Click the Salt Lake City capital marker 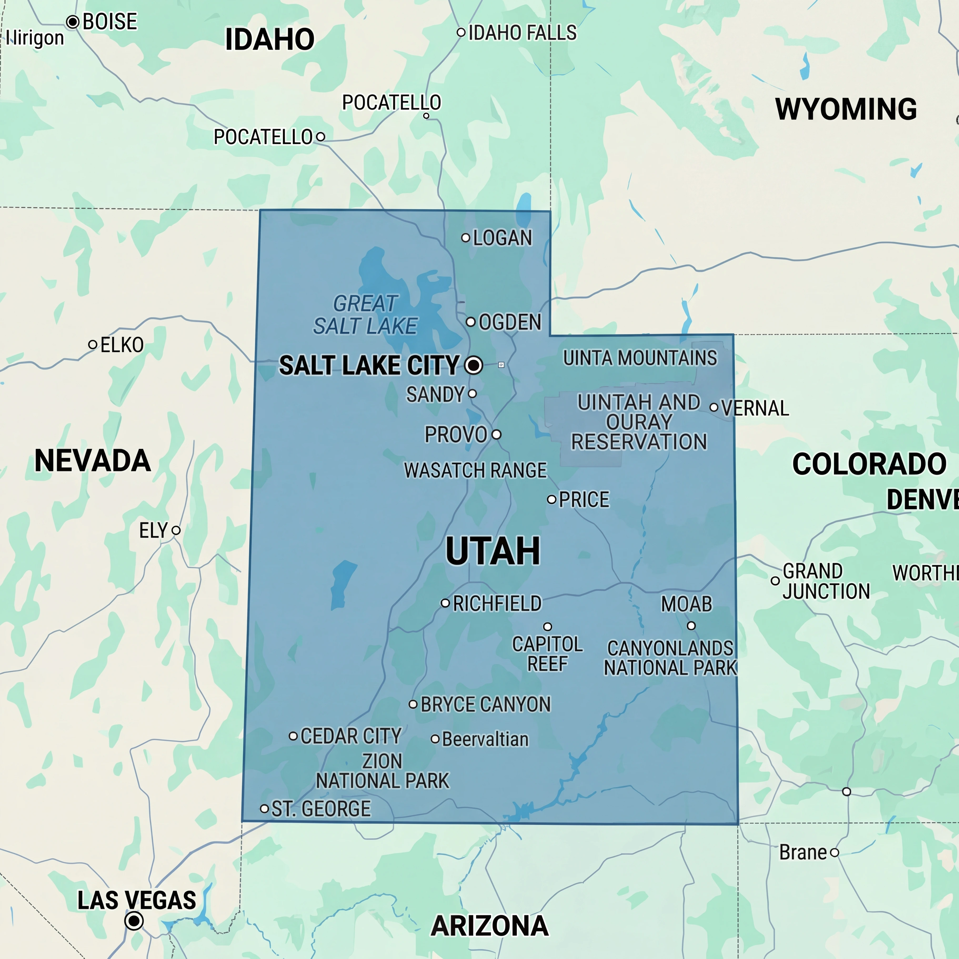pos(474,365)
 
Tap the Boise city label pos(110,22)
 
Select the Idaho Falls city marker pos(461,33)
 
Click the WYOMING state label pos(846,109)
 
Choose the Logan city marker pos(466,238)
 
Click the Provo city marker pos(496,435)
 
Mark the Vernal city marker pos(714,408)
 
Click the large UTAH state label pos(493,551)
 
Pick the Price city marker pos(551,499)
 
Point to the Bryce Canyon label pos(485,704)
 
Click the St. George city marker pos(265,809)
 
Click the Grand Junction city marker pos(775,581)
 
